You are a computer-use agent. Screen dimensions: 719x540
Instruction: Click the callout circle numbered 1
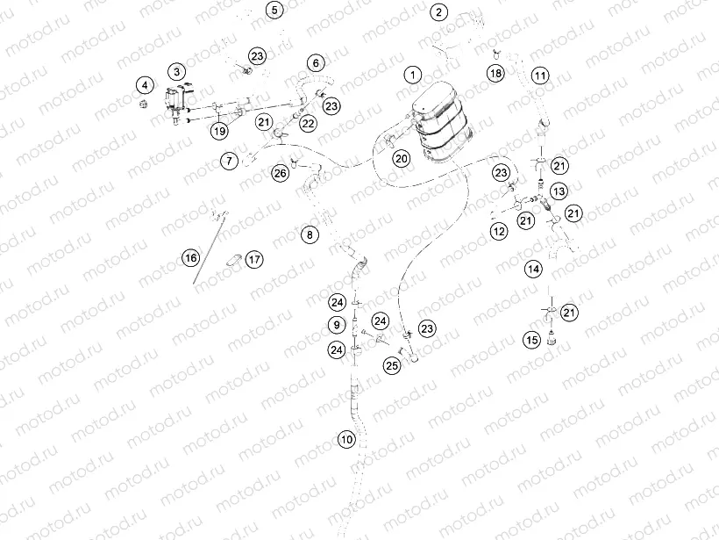tap(413, 75)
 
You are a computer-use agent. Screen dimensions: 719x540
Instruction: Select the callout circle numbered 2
tap(438, 12)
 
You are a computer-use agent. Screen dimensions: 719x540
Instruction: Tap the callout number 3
tap(176, 71)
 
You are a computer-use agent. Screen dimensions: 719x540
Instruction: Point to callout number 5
tap(274, 11)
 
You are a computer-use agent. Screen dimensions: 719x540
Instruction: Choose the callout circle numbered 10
tap(346, 439)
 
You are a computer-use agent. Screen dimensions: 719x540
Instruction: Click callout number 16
tap(191, 257)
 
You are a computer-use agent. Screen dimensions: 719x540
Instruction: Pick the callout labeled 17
tap(254, 259)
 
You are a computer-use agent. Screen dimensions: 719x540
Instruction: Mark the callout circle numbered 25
tap(392, 365)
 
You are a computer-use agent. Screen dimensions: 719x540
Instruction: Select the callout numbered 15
tap(532, 340)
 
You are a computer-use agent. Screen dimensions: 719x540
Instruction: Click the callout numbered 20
tap(402, 158)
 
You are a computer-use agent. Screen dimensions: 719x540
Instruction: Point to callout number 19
tap(219, 131)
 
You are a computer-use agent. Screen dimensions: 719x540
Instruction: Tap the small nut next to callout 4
tap(143, 104)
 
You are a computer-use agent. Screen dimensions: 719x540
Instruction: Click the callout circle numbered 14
tap(533, 269)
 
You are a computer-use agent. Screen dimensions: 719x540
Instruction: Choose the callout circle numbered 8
tap(310, 235)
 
